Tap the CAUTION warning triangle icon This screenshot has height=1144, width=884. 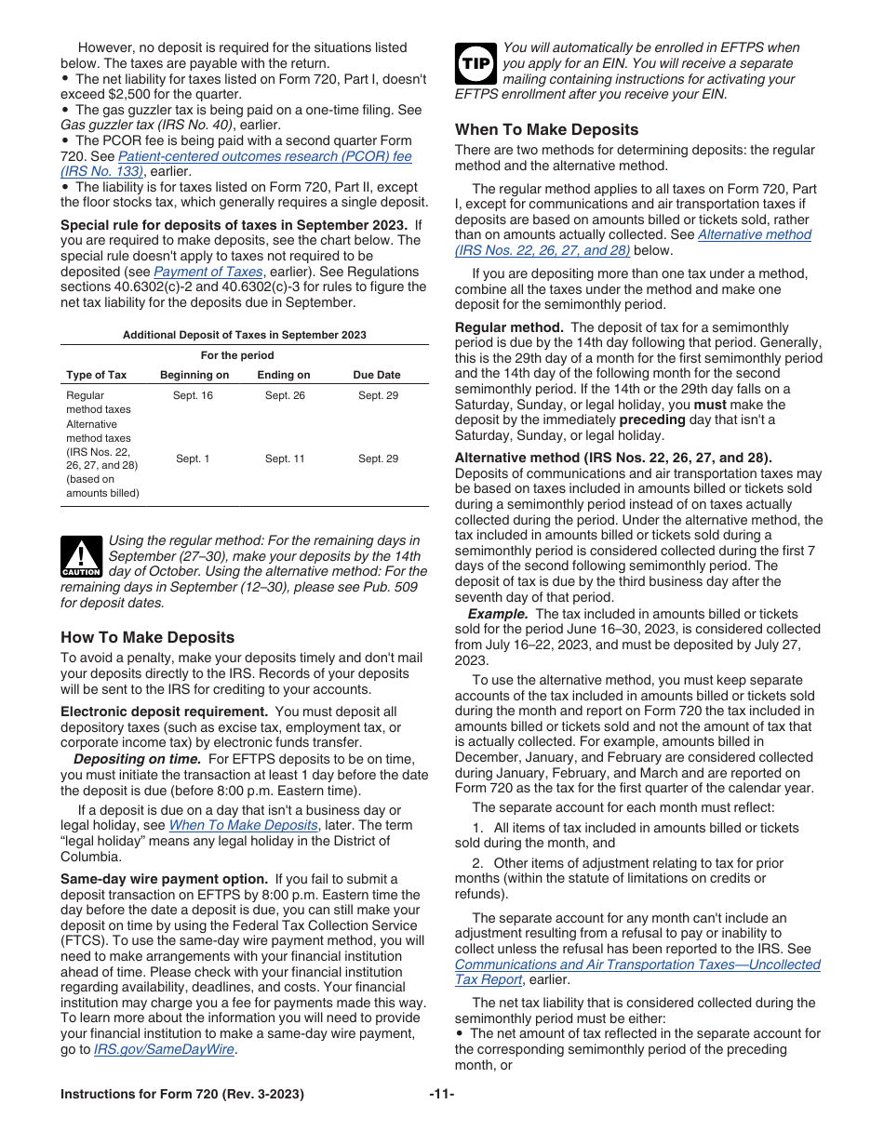[x=81, y=557]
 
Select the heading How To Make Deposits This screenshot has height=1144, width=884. [x=147, y=637]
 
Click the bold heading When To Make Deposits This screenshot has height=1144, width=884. [x=546, y=129]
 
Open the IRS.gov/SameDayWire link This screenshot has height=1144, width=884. [x=165, y=1049]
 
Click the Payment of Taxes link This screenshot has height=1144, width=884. [x=208, y=272]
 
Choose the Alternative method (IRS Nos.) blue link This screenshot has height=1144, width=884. [x=754, y=234]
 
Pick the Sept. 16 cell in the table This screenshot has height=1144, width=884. [x=193, y=395]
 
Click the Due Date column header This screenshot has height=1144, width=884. [x=377, y=375]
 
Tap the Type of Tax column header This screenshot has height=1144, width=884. [x=96, y=375]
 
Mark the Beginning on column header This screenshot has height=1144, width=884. [x=194, y=375]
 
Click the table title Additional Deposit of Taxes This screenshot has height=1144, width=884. [x=245, y=335]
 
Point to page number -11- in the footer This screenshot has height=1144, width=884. [x=442, y=1094]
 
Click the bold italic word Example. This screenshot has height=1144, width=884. [x=498, y=614]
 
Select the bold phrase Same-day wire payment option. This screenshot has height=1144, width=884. [x=164, y=879]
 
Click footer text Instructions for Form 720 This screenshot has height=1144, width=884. [x=181, y=1094]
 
